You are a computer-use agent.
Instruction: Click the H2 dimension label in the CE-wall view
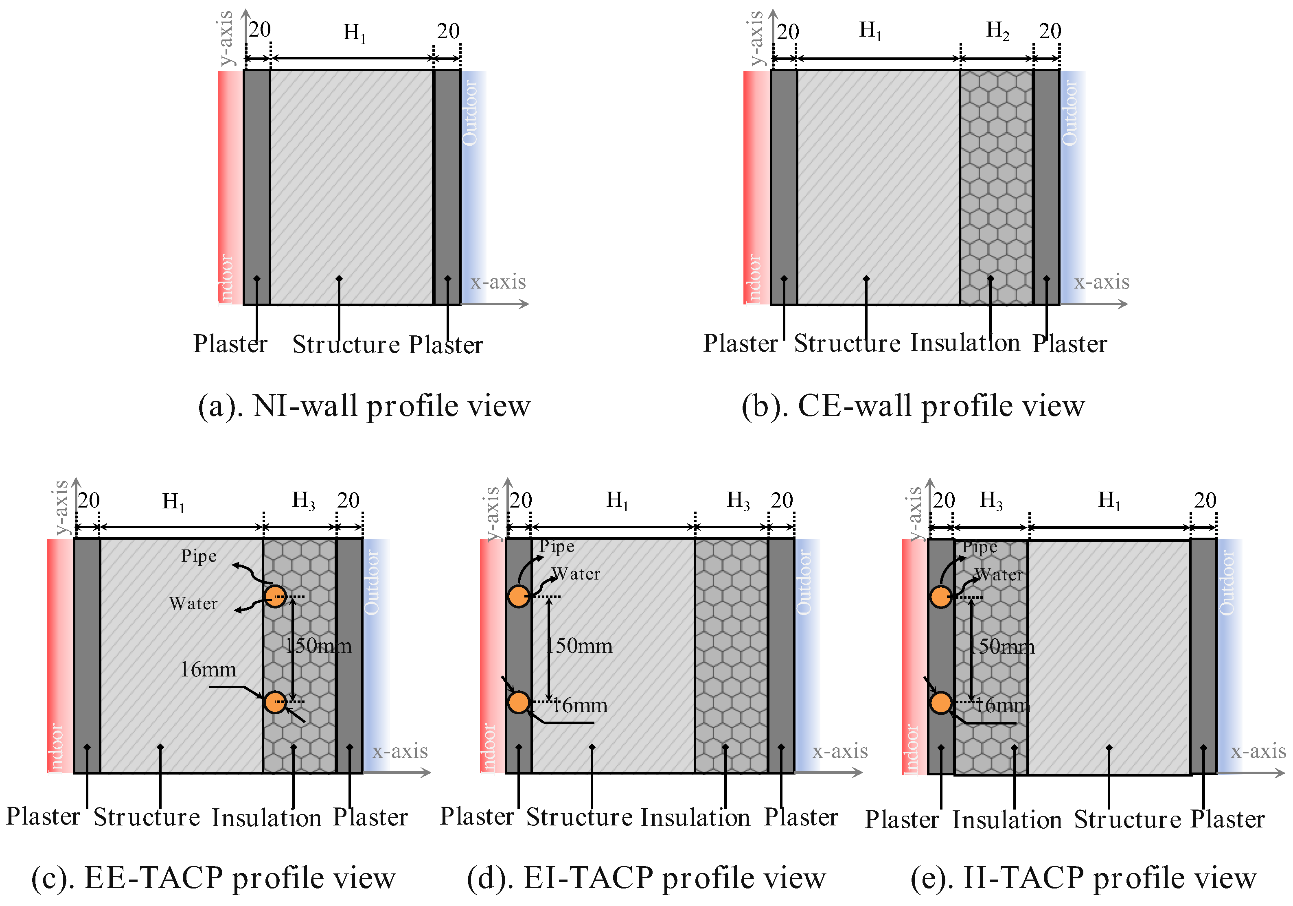pyautogui.click(x=997, y=31)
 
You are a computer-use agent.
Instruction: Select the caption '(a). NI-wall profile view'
pyautogui.click(x=364, y=405)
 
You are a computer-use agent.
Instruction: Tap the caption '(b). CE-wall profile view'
pyautogui.click(x=913, y=405)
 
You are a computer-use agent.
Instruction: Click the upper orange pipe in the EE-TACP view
pyautogui.click(x=275, y=596)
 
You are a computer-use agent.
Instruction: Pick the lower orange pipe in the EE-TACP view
pyautogui.click(x=275, y=702)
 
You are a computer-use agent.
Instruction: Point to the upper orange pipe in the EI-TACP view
pyautogui.click(x=519, y=596)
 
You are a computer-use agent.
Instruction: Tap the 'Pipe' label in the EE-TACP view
pyautogui.click(x=199, y=556)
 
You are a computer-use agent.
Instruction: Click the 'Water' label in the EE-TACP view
pyautogui.click(x=193, y=604)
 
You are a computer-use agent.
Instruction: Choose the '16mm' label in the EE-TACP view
pyautogui.click(x=208, y=670)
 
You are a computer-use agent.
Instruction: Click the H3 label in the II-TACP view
pyautogui.click(x=991, y=500)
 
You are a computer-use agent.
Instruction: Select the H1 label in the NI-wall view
pyautogui.click(x=354, y=33)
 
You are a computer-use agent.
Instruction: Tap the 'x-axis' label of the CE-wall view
pyautogui.click(x=1102, y=282)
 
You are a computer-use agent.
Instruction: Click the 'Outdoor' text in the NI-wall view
pyautogui.click(x=470, y=113)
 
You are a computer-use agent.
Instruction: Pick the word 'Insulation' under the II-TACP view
pyautogui.click(x=1007, y=819)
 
